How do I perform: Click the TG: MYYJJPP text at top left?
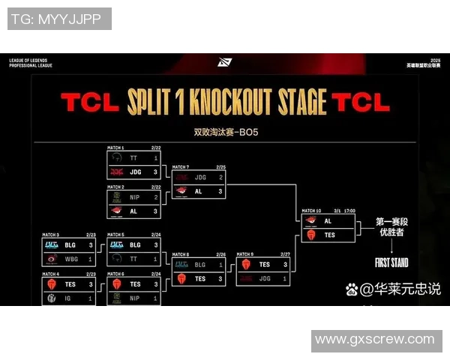[58, 19]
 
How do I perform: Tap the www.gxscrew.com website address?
[374, 340]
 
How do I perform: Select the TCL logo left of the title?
[88, 102]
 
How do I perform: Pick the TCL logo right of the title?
[361, 102]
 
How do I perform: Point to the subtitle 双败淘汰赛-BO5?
[226, 133]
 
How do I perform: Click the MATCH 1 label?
[116, 148]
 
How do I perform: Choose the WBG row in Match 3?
[69, 259]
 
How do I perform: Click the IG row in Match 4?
[69, 298]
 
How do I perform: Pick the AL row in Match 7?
[199, 191]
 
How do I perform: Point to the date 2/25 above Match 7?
[220, 167]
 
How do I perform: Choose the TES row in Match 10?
[328, 235]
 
